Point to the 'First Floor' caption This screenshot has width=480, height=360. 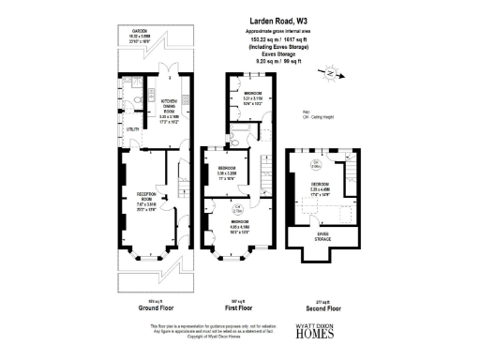(239, 307)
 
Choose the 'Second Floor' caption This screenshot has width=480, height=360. (323, 307)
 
